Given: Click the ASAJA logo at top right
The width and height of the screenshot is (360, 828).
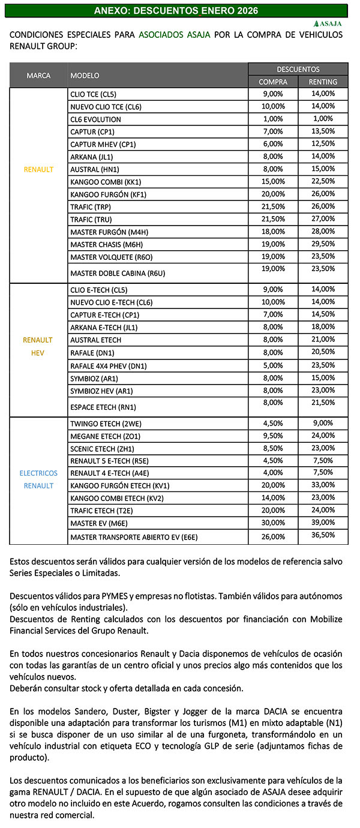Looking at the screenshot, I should pyautogui.click(x=326, y=23).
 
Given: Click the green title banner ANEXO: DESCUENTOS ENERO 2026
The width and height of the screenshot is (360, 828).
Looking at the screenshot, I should pyautogui.click(x=175, y=11).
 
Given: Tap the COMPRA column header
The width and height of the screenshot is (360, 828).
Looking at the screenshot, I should pyautogui.click(x=272, y=82).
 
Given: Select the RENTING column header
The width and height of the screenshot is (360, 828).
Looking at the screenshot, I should pyautogui.click(x=323, y=82).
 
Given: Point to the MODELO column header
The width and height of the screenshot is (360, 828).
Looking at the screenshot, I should pyautogui.click(x=85, y=76).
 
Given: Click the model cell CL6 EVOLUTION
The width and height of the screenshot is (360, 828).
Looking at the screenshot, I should pyautogui.click(x=95, y=119).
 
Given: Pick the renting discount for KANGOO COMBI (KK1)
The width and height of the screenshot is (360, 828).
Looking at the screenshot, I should pyautogui.click(x=323, y=181).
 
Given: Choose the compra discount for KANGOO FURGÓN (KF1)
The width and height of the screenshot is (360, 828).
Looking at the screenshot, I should pyautogui.click(x=273, y=194).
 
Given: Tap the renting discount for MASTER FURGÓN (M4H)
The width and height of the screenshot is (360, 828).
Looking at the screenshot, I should pyautogui.click(x=323, y=232).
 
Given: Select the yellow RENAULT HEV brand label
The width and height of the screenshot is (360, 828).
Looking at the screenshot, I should pyautogui.click(x=38, y=346).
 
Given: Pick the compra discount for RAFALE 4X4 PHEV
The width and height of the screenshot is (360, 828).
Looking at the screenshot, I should pyautogui.click(x=273, y=365).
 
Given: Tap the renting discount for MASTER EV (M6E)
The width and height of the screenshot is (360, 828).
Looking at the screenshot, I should pyautogui.click(x=323, y=523).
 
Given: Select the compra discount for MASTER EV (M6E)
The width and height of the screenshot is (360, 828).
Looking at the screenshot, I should pyautogui.click(x=273, y=523).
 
